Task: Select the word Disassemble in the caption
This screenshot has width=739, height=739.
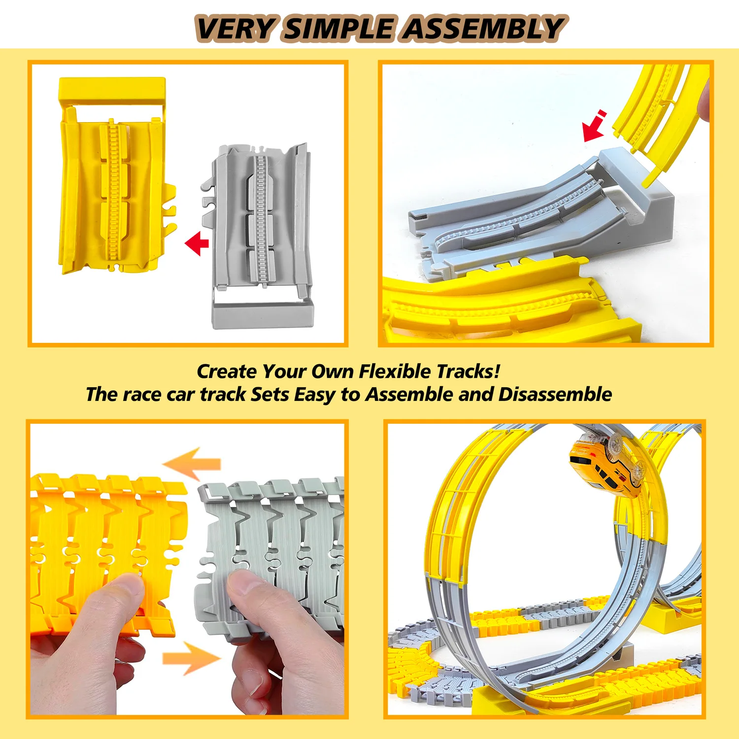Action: click(x=555, y=395)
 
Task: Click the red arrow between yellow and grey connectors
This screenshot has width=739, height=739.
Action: click(x=197, y=243)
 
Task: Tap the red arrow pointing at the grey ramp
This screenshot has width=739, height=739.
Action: click(x=593, y=127)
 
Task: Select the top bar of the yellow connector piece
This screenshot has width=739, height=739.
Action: click(x=112, y=89)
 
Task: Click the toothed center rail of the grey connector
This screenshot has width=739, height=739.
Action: click(x=261, y=217)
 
